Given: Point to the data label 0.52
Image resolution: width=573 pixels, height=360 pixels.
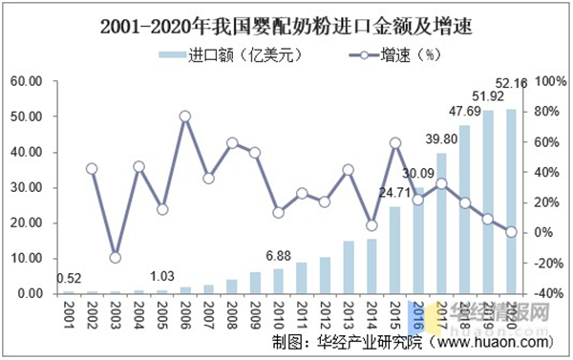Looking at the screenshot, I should coord(68,279).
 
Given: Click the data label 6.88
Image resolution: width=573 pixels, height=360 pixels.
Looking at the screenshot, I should coord(278,255).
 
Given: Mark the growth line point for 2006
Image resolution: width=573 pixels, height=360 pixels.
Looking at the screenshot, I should coord(184,116).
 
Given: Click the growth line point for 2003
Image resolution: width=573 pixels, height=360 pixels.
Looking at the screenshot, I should coord(115,257).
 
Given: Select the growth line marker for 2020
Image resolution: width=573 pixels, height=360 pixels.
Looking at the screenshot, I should coord(511,231).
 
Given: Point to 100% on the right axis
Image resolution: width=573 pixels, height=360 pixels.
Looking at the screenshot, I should coord(548,81).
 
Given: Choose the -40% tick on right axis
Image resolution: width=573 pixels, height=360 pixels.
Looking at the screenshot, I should coord(548,294).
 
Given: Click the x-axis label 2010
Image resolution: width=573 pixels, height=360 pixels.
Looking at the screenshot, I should coord(278,312).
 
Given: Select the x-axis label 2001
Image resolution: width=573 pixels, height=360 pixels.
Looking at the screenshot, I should coord(68,312).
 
